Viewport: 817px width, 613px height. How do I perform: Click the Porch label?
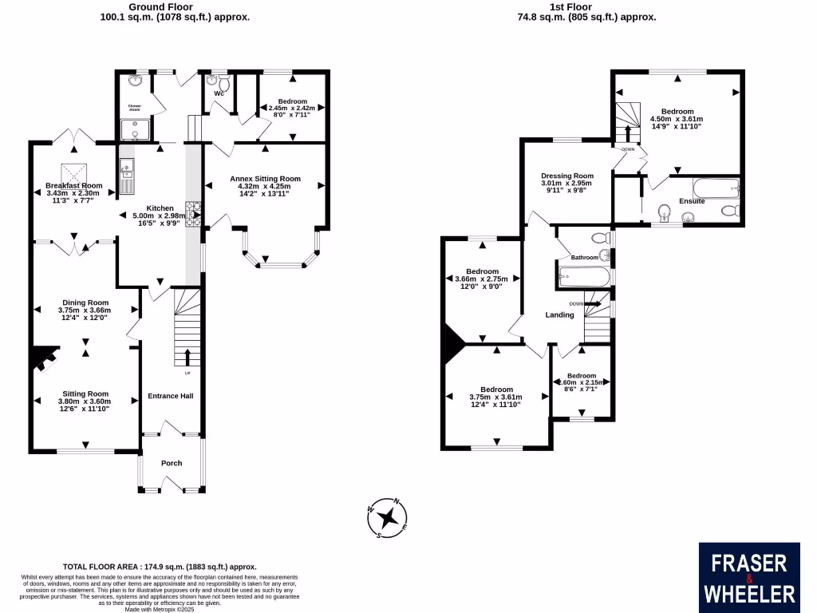tap(172, 463)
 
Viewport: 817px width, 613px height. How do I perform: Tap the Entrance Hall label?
tap(171, 396)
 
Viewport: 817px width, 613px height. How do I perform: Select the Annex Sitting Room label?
tap(265, 178)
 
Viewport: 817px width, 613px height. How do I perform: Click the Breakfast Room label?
tap(73, 185)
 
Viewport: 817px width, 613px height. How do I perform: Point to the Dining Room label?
tap(84, 303)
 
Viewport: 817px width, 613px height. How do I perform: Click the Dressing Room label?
tap(567, 176)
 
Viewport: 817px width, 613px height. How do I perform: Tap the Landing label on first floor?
tap(559, 314)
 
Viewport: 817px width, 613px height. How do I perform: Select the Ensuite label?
tap(692, 201)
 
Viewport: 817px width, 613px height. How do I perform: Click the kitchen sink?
tap(128, 168)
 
